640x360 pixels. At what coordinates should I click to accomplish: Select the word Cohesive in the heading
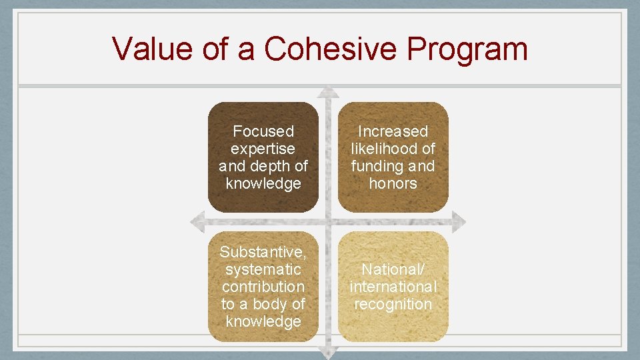point(317,49)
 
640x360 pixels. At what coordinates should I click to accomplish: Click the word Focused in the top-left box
point(263,131)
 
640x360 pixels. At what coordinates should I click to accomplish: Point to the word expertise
point(263,149)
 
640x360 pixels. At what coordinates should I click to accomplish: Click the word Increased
point(393,131)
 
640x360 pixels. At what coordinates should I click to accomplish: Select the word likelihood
point(385,149)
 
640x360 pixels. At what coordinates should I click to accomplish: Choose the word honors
point(393,183)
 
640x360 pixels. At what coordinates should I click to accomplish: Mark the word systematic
point(263,269)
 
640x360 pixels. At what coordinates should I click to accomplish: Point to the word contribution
point(263,287)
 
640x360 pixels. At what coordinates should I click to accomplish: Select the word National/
point(393,269)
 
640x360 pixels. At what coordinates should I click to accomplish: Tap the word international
point(393,287)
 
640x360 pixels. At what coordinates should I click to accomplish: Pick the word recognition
point(393,304)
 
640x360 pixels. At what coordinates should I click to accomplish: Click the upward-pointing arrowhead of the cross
point(327,92)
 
